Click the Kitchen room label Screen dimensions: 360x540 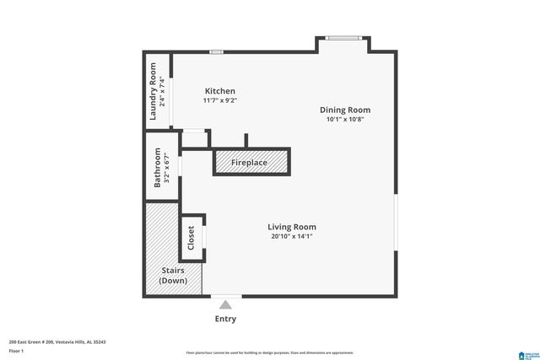tap(219, 91)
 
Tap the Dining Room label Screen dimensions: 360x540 tap(344, 110)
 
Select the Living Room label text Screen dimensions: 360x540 tap(292, 227)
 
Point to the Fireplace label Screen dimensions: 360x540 tap(250, 162)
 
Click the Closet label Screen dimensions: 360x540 tap(191, 238)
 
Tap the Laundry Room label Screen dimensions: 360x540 tap(154, 91)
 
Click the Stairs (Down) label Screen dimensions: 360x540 tap(173, 275)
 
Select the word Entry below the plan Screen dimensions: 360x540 tap(225, 320)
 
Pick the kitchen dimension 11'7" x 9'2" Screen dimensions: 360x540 tap(219, 101)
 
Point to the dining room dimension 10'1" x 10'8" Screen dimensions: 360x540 tap(344, 120)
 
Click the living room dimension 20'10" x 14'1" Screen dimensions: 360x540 tap(292, 237)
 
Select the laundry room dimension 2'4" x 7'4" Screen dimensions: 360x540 tap(163, 91)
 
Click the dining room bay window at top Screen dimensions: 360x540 tap(343, 37)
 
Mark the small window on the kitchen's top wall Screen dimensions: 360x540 tap(217, 53)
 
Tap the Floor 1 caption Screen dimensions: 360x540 tap(17, 351)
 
